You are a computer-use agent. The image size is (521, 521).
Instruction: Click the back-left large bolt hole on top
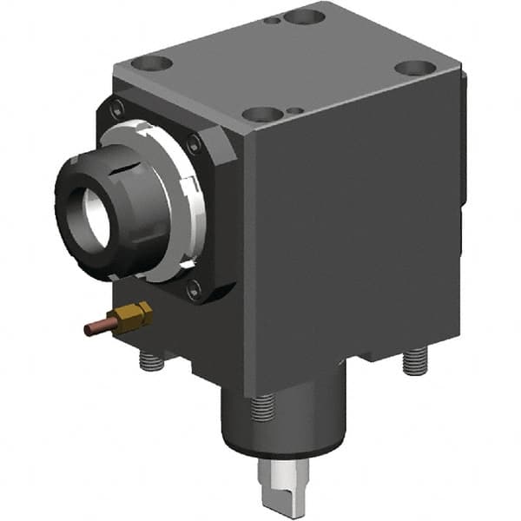[153, 63]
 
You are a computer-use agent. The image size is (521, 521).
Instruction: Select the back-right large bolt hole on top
[305, 16]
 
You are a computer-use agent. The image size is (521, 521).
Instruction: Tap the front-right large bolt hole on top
[412, 69]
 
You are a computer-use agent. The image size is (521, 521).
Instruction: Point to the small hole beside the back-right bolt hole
[274, 19]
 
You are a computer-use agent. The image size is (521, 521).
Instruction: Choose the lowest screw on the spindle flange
[193, 291]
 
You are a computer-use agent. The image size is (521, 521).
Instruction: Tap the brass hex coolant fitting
[135, 317]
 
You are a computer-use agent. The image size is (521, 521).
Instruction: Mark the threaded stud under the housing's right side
[416, 359]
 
